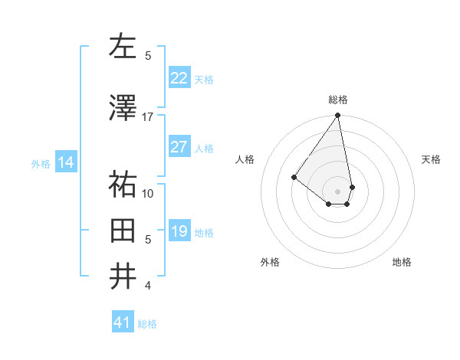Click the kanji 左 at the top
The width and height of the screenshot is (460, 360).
(123, 47)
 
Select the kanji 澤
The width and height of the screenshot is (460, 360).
(123, 108)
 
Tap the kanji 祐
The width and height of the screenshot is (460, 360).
(123, 185)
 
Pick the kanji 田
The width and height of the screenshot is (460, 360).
(123, 230)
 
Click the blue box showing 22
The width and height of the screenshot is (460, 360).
(179, 77)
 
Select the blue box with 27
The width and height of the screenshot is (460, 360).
(179, 147)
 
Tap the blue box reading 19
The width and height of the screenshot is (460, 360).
(179, 231)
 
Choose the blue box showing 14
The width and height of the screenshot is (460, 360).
(65, 162)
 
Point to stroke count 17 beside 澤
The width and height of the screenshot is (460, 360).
(147, 116)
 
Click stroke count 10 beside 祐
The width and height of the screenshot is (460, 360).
(147, 193)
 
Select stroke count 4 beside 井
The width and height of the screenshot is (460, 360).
(147, 286)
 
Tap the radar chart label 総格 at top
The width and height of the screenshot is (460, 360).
(338, 100)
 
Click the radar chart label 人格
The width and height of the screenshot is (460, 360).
(245, 159)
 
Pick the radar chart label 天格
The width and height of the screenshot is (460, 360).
(431, 159)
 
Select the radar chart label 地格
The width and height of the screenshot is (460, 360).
(402, 262)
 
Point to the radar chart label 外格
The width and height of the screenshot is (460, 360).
(270, 262)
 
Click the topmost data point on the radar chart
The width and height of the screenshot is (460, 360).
(337, 116)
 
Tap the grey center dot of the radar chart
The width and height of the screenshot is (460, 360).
(337, 191)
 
